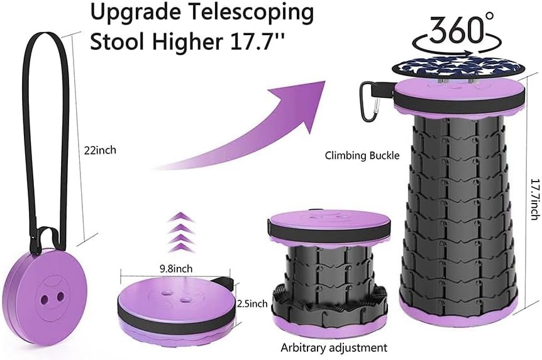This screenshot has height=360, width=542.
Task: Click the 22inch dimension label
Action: (100, 150)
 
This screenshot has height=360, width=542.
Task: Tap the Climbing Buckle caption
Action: (362, 155)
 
